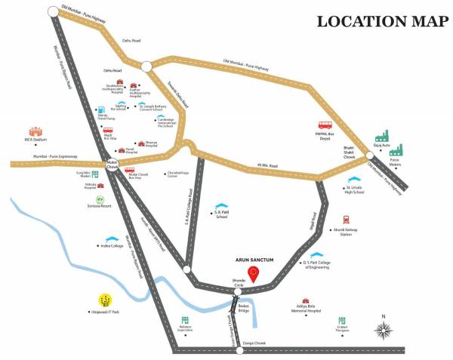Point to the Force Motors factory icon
(400, 148)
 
